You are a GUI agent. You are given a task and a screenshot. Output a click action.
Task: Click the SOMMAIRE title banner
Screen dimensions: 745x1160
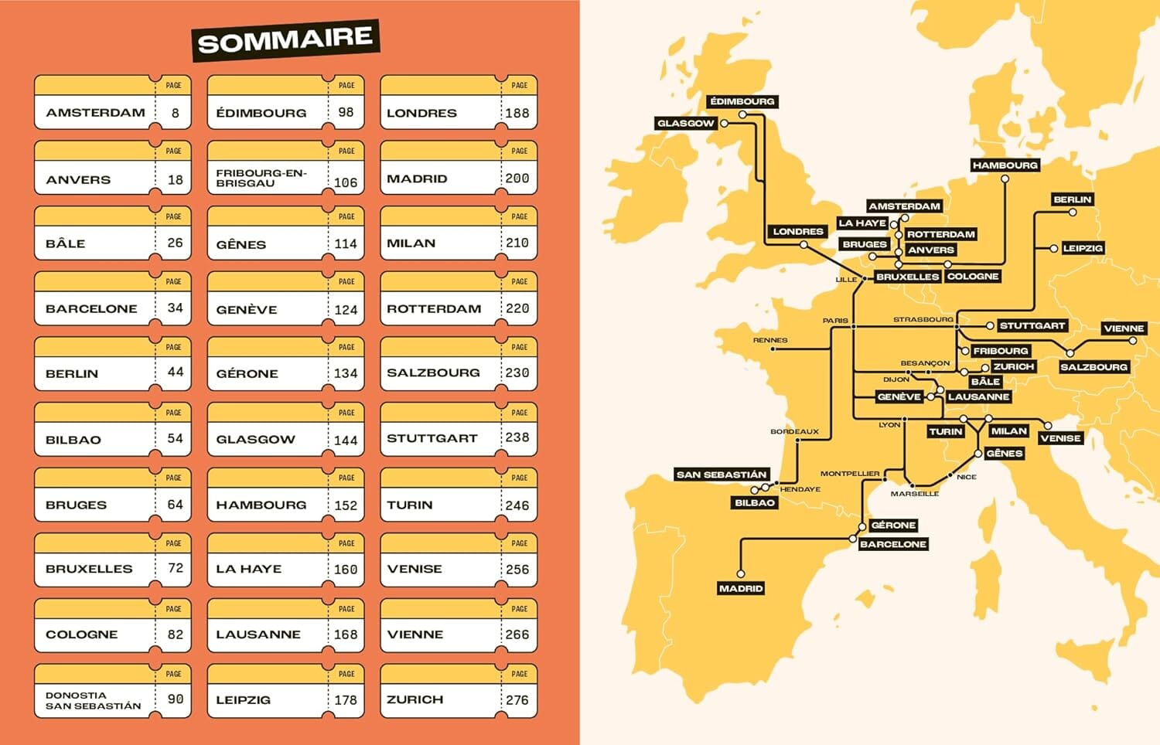[285, 40]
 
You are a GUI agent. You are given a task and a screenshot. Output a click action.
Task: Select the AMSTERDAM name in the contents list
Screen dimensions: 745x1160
[95, 113]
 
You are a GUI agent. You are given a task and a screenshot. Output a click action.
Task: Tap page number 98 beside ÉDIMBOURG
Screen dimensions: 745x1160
[346, 113]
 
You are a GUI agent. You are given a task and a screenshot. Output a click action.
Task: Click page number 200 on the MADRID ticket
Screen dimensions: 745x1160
[517, 179]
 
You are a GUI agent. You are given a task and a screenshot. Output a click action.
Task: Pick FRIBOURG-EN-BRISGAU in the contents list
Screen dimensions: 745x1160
[261, 179]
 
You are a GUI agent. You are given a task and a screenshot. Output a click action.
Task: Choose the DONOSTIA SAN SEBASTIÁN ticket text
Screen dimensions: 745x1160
[93, 700]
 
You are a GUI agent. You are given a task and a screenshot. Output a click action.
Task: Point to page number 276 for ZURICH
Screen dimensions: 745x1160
[517, 700]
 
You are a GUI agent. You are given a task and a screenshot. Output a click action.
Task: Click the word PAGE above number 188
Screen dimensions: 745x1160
[520, 86]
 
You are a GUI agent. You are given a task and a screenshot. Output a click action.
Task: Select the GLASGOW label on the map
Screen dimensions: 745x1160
[685, 123]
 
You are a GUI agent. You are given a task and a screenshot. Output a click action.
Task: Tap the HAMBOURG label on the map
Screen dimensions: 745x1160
[1005, 165]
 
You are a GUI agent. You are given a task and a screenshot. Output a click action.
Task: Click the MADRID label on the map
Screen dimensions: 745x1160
[741, 589]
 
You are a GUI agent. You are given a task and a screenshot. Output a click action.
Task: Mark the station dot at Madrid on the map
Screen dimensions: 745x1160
[740, 574]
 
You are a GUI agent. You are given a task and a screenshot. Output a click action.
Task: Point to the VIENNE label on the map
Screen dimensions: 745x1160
[1124, 328]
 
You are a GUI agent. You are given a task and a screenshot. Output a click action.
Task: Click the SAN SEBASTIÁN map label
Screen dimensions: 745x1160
[721, 475]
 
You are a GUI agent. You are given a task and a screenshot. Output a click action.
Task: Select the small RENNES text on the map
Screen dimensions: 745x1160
[770, 340]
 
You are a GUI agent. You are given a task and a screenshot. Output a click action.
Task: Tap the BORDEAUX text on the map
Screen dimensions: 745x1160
[794, 432]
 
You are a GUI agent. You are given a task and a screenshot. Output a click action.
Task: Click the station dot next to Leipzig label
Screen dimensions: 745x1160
[1053, 249]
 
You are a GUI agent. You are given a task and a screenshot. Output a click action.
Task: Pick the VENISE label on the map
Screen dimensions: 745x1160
[1060, 438]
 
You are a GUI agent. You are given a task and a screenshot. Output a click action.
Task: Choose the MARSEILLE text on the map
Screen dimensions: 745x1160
[914, 494]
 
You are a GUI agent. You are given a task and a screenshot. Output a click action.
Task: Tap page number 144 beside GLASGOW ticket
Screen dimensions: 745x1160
[346, 441]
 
